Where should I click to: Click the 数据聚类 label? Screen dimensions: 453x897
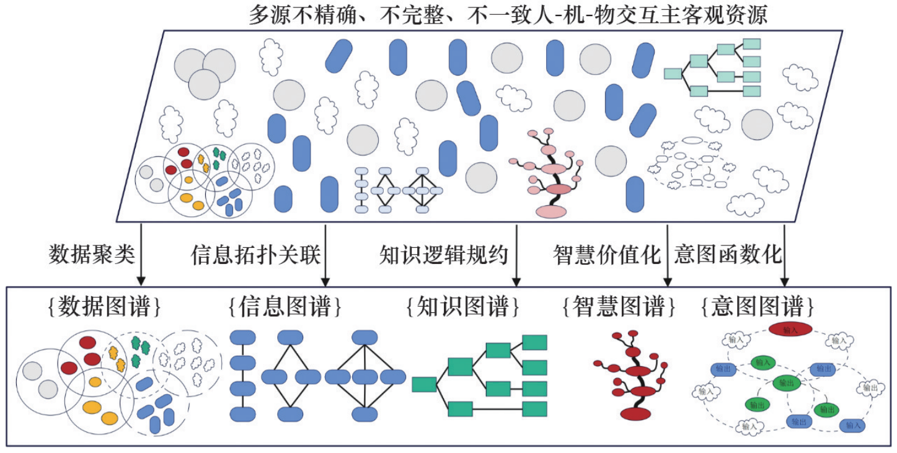coord(91,254)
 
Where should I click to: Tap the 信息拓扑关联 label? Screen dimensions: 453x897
coord(255,254)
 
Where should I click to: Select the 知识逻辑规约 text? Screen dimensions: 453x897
coord(444,254)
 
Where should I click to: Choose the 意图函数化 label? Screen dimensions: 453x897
coord(728,254)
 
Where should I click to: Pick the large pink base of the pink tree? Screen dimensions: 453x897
coord(550,211)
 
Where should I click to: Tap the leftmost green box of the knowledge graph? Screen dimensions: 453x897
coord(424,384)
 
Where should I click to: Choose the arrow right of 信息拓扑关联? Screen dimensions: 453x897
coord(325,254)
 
